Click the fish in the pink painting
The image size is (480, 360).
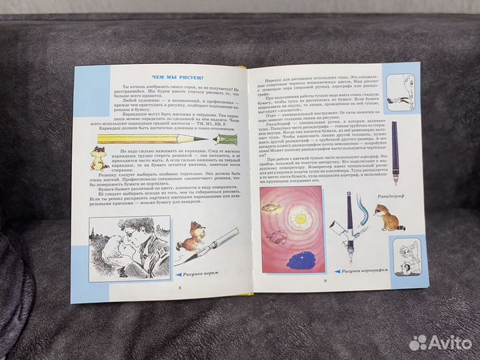point(271,207)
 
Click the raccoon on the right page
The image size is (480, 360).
point(385,217)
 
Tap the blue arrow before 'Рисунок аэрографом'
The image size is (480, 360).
point(337,271)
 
